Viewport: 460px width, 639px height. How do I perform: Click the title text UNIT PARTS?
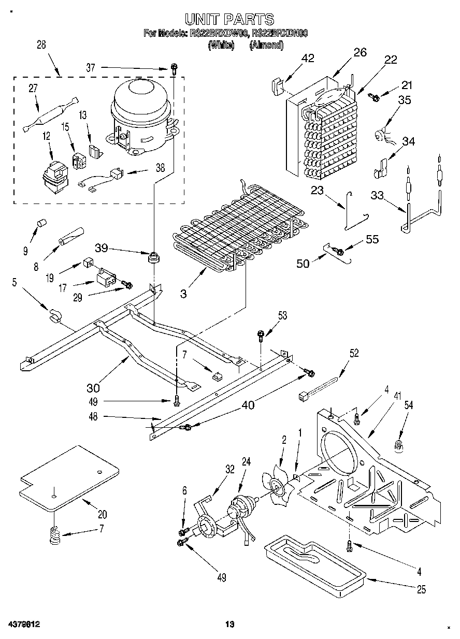point(229,20)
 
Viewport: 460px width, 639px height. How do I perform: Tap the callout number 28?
point(41,45)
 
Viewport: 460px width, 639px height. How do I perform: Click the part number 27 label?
point(33,88)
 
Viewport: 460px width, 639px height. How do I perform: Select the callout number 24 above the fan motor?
point(246,463)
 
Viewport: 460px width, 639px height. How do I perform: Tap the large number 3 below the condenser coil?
point(183,294)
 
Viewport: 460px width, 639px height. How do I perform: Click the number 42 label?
point(307,58)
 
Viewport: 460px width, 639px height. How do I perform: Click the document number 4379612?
point(25,625)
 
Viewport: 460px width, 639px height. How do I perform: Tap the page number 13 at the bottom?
point(230,625)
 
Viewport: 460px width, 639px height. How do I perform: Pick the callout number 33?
point(378,195)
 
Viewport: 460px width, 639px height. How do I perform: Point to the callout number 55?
point(372,239)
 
